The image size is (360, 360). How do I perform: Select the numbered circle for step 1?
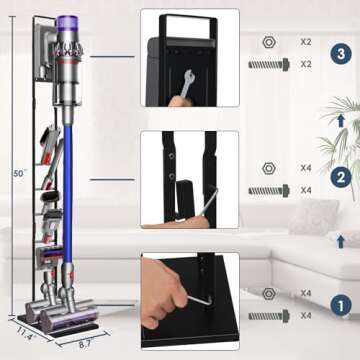tap(341, 303)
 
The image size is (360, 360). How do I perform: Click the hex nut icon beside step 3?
tap(270, 43)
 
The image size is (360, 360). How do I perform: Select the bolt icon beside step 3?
tap(270, 63)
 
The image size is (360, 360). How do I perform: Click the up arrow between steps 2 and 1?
tap(341, 240)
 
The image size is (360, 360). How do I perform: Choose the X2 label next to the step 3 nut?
tap(307, 43)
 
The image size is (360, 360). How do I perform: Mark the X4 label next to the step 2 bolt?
tap(307, 188)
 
